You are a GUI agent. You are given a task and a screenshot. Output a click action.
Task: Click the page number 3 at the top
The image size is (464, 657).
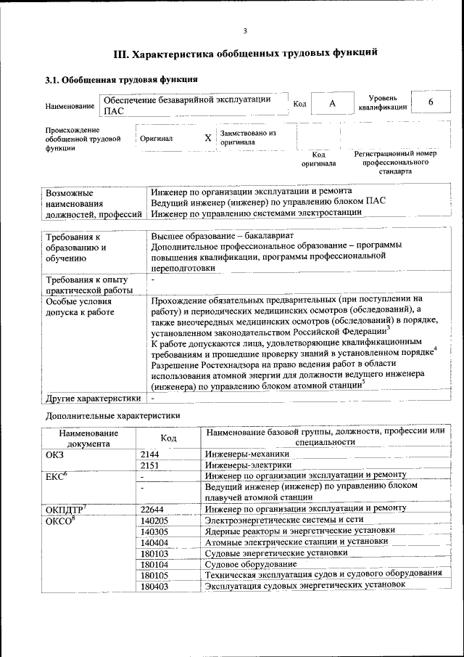[x=246, y=30]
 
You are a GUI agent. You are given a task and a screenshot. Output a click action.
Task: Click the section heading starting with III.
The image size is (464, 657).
[x=246, y=54]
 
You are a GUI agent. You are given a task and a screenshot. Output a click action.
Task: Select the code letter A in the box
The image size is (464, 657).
[x=332, y=103]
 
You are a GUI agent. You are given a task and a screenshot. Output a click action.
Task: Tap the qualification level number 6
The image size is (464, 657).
[x=430, y=102]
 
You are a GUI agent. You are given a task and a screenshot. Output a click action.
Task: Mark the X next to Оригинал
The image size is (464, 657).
[x=208, y=137]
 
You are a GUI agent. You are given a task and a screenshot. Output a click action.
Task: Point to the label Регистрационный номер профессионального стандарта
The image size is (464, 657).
[x=395, y=163]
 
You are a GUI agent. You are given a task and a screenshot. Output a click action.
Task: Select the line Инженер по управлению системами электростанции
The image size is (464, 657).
[x=256, y=213]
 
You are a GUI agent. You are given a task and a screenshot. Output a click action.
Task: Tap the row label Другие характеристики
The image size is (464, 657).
[x=93, y=398]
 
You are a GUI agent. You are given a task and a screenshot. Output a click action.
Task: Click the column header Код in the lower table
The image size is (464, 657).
[x=168, y=438]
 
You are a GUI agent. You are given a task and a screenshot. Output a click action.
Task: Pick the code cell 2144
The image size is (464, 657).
[x=151, y=454]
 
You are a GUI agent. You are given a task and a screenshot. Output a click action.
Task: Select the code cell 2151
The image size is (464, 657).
[x=151, y=465]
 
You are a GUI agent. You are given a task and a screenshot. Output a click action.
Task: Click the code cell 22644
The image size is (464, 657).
[x=153, y=509]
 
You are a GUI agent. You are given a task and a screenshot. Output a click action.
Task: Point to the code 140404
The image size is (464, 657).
[x=154, y=542]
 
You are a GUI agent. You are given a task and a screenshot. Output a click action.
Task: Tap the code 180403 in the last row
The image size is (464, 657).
[x=154, y=585]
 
